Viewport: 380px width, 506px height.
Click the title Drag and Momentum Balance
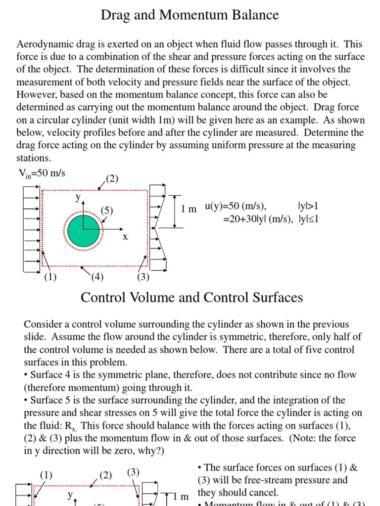pyautogui.click(x=190, y=15)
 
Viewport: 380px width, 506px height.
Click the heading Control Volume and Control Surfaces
pyautogui.click(x=191, y=297)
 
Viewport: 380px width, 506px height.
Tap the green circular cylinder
pyautogui.click(x=83, y=230)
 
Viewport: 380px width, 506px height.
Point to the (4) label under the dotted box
pyautogui.click(x=97, y=277)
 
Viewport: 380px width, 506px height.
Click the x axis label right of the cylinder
pyautogui.click(x=125, y=237)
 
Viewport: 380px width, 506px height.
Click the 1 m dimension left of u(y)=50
pyautogui.click(x=189, y=209)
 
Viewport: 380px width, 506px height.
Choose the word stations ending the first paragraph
pyautogui.click(x=33, y=159)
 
